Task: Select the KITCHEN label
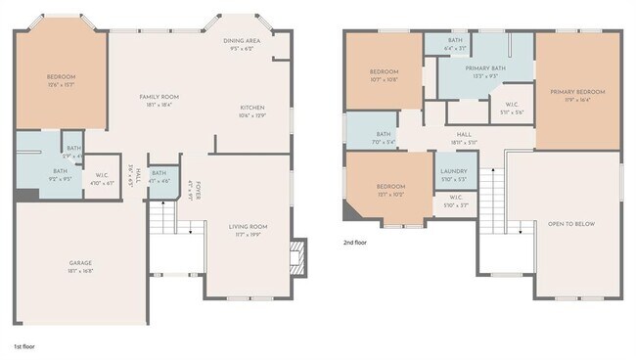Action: (252, 109)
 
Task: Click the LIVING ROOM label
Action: (248, 227)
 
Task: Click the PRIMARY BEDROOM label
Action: (577, 92)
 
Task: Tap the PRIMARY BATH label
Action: (485, 69)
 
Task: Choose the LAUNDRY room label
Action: (452, 173)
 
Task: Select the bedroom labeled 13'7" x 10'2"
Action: (390, 187)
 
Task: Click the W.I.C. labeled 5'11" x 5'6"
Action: (513, 107)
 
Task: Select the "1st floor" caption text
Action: (25, 346)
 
